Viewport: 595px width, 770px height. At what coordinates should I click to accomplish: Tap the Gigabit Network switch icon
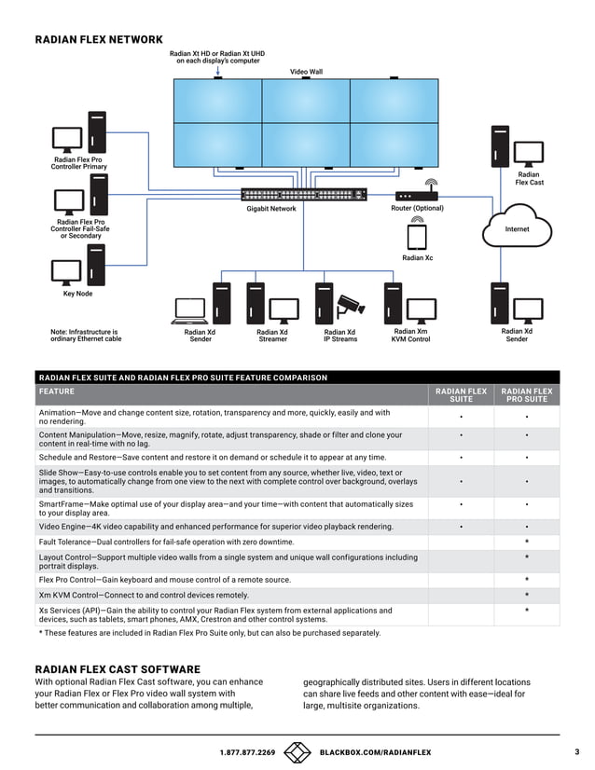304,195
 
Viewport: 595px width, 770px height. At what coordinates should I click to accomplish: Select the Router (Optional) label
417,208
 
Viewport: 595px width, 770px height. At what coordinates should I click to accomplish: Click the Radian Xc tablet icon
417,237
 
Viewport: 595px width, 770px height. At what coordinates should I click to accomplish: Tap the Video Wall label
306,72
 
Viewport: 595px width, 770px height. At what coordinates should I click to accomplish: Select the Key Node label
77,294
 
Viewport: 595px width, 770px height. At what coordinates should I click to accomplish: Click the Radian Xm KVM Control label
410,335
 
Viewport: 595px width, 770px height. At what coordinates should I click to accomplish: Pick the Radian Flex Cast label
528,178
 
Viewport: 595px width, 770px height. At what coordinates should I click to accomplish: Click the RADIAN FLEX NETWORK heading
99,39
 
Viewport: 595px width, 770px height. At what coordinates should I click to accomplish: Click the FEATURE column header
57,392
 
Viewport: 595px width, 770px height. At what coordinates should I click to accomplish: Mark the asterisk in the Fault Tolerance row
527,542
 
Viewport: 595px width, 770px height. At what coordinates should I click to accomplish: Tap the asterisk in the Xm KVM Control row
527,595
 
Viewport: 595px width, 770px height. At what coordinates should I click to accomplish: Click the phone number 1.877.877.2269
247,752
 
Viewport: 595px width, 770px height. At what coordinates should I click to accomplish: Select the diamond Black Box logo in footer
297,752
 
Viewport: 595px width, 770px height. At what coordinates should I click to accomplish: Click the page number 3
577,751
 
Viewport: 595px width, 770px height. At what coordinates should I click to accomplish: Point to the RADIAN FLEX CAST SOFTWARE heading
118,669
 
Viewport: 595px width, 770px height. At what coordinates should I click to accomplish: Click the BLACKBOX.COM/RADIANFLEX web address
375,752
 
